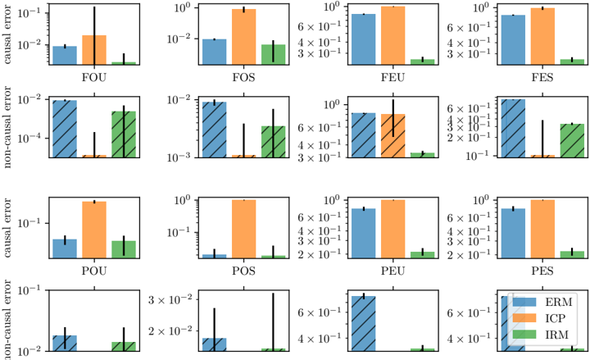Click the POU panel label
click(94, 271)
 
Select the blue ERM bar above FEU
click(363, 39)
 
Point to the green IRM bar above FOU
click(124, 62)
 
